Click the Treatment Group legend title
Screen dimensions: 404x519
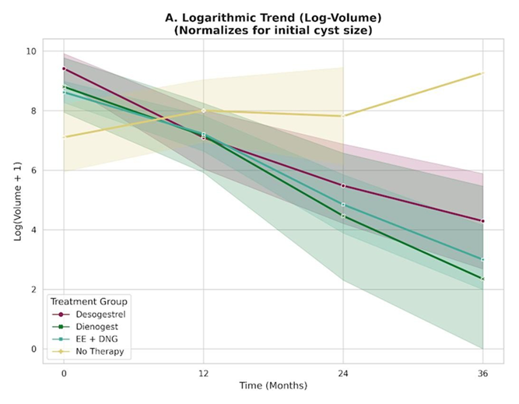(88, 300)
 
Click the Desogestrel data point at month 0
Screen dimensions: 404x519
(64, 69)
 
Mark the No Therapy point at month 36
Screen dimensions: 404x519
(482, 73)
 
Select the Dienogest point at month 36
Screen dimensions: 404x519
(482, 279)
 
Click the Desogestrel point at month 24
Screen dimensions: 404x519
(343, 185)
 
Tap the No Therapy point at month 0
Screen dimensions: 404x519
(64, 137)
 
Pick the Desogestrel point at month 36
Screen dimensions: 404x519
(482, 221)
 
